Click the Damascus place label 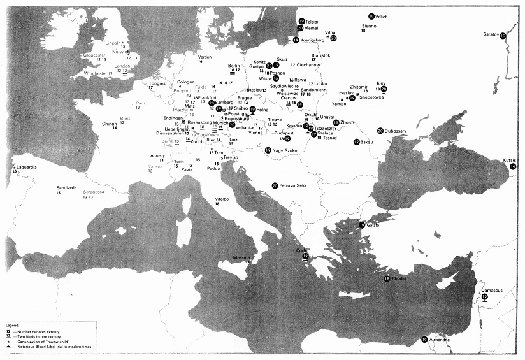click(491, 291)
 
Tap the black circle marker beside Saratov click(503, 36)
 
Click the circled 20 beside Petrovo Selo click(274, 185)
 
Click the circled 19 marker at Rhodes click(387, 278)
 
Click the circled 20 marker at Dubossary click(380, 131)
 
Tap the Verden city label click(205, 57)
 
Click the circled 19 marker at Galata click(361, 225)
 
